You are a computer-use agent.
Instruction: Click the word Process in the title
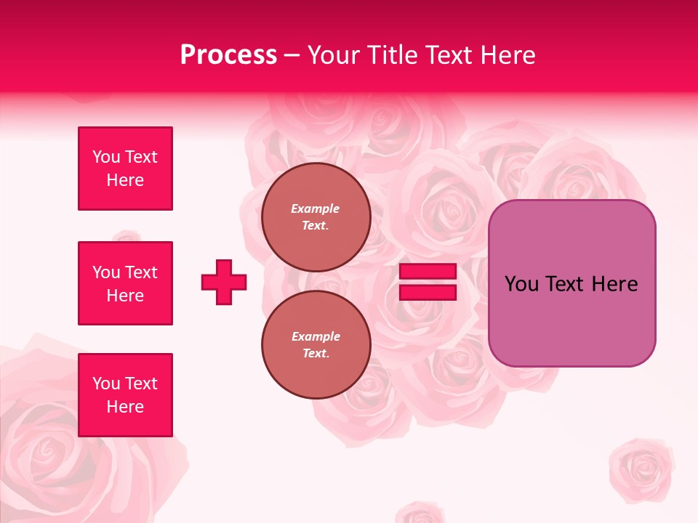228,55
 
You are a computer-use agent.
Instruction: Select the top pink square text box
125,169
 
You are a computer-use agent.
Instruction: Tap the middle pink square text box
125,283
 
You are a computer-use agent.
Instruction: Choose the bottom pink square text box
125,395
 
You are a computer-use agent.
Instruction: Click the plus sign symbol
224,282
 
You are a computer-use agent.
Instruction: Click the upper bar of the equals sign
428,272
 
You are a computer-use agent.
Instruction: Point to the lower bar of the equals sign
428,293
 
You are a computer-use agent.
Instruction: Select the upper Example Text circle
316,216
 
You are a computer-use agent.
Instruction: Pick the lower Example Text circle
316,344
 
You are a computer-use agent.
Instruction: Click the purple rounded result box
571,283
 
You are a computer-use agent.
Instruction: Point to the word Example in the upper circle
316,208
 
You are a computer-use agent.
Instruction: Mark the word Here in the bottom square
125,407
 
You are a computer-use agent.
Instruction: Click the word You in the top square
106,157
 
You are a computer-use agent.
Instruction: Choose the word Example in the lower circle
316,336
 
